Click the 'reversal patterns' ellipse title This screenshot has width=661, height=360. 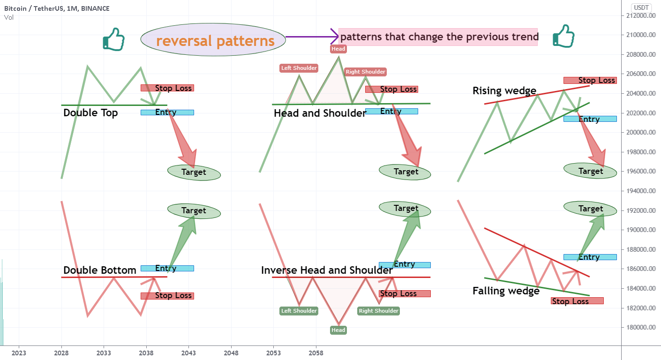(x=213, y=41)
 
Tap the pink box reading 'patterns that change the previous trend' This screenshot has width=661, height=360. (x=438, y=37)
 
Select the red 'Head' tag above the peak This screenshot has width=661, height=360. (x=338, y=49)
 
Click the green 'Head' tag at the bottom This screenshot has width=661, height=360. (x=338, y=330)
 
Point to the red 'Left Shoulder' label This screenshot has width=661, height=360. (x=299, y=68)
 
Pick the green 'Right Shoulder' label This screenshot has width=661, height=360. (x=378, y=311)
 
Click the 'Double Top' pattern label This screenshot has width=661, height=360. (x=90, y=113)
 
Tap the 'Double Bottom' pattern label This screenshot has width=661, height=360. (x=100, y=270)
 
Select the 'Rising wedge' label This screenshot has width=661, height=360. (x=504, y=91)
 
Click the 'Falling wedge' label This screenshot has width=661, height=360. (x=506, y=291)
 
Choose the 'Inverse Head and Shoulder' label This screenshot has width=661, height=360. (x=327, y=270)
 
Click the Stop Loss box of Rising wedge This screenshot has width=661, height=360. (x=590, y=80)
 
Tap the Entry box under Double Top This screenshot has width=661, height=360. (x=167, y=112)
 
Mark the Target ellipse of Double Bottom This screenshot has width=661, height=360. (x=194, y=211)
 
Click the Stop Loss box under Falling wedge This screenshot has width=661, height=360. (x=577, y=301)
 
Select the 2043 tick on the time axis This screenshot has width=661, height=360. (x=189, y=352)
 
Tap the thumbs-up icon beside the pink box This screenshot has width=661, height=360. (x=563, y=36)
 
